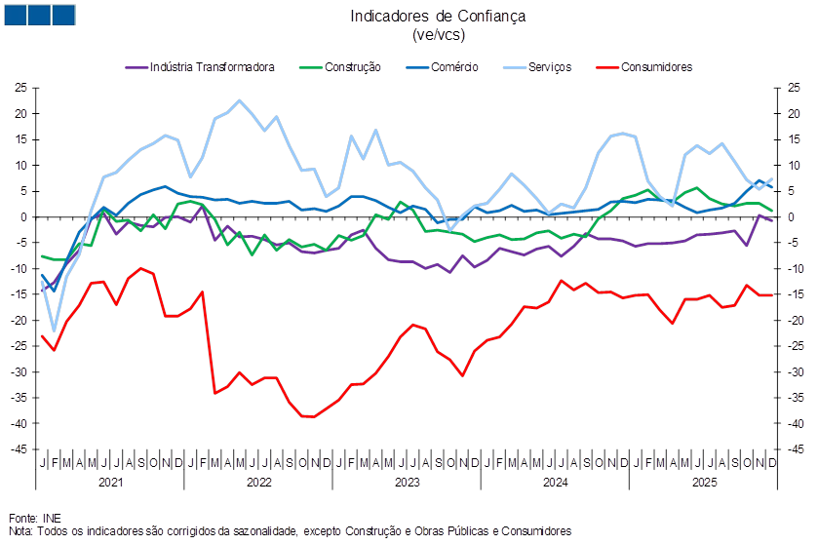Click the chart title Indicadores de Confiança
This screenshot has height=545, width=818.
tap(438, 16)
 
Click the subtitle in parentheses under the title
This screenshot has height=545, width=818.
tap(438, 34)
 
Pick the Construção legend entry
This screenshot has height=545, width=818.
tap(346, 67)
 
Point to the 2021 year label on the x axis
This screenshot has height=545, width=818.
tap(111, 483)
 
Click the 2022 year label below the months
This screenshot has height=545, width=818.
tap(259, 483)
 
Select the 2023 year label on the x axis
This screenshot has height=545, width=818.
tap(408, 483)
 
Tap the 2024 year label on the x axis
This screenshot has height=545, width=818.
tap(555, 483)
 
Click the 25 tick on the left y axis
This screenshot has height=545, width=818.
tap(20, 88)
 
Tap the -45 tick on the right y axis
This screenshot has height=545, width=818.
tap(793, 450)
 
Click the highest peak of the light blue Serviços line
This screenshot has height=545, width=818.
tap(240, 100)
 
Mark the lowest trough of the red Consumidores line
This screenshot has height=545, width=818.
tap(308, 416)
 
